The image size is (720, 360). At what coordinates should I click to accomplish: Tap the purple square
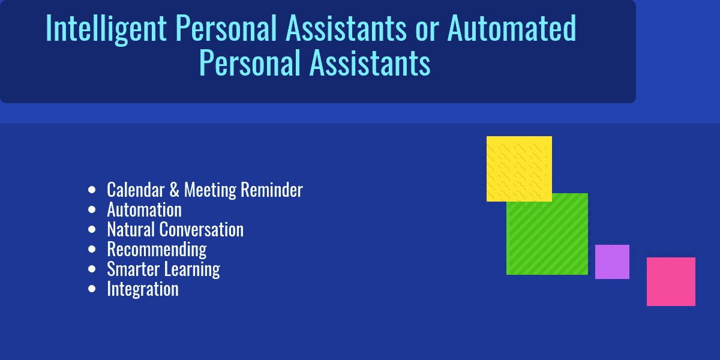(x=612, y=262)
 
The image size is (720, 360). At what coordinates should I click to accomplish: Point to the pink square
(x=671, y=281)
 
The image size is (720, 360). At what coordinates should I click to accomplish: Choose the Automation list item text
(x=144, y=210)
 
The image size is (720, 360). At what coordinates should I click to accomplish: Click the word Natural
(x=131, y=230)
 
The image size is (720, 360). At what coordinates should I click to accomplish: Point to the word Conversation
(x=201, y=230)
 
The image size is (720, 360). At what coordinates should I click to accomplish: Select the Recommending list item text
(x=157, y=249)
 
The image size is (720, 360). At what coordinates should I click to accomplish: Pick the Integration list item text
(x=143, y=289)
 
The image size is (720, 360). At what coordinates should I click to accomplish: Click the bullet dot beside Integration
(x=92, y=289)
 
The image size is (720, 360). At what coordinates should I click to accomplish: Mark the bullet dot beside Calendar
(x=92, y=190)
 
